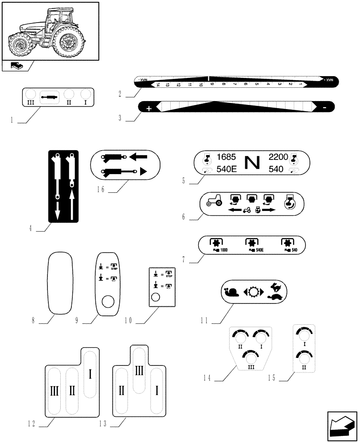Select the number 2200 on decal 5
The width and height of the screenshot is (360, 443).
tap(278, 157)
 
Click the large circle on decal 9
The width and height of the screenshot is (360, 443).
tap(108, 303)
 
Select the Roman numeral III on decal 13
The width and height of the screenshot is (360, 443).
tap(138, 370)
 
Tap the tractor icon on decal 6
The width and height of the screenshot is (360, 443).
tap(214, 202)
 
